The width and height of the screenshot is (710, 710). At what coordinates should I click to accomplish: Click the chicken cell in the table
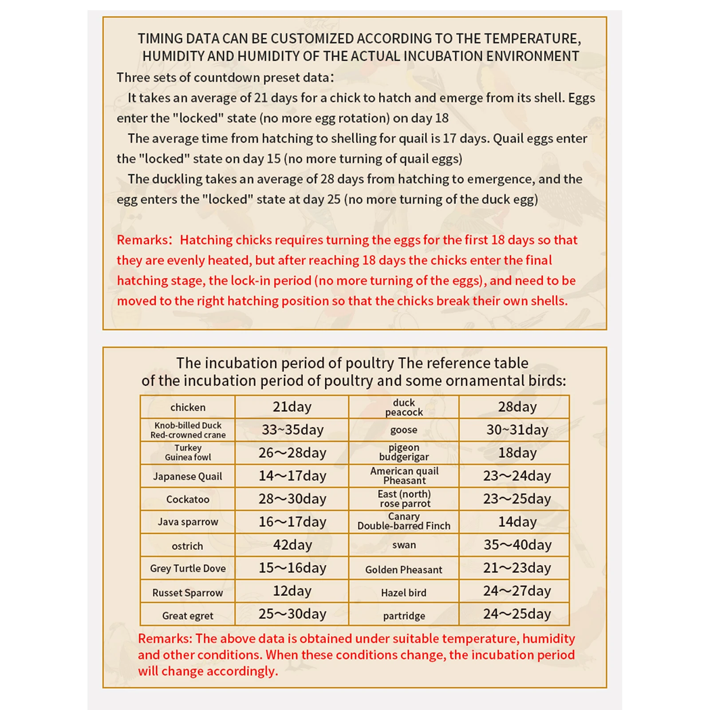(188, 407)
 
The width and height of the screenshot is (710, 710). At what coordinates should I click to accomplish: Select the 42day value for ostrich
(292, 545)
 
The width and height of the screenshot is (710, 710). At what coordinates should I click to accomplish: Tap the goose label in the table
(403, 430)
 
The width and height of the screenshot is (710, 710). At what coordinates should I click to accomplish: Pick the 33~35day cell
(292, 430)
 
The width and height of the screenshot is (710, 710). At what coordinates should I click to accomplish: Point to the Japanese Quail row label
(187, 477)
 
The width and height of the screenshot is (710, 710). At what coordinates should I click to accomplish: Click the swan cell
(404, 545)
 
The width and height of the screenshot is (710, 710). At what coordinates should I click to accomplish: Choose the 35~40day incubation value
(517, 545)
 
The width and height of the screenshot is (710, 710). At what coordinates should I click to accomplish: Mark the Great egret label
(187, 616)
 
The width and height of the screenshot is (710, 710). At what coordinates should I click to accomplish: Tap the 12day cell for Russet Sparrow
(292, 591)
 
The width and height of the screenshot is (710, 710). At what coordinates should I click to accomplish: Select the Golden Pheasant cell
(403, 570)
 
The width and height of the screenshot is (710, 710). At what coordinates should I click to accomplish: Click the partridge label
(404, 616)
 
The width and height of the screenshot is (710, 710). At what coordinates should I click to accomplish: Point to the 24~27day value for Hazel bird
(517, 591)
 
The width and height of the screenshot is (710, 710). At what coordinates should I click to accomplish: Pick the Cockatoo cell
(187, 500)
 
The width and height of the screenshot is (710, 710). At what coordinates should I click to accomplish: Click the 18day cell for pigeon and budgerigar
(517, 453)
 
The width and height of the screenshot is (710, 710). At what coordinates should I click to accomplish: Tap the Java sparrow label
(188, 522)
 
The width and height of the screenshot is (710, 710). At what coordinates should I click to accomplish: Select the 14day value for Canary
(517, 522)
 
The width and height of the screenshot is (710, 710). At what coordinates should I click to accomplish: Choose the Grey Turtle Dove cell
(188, 568)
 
